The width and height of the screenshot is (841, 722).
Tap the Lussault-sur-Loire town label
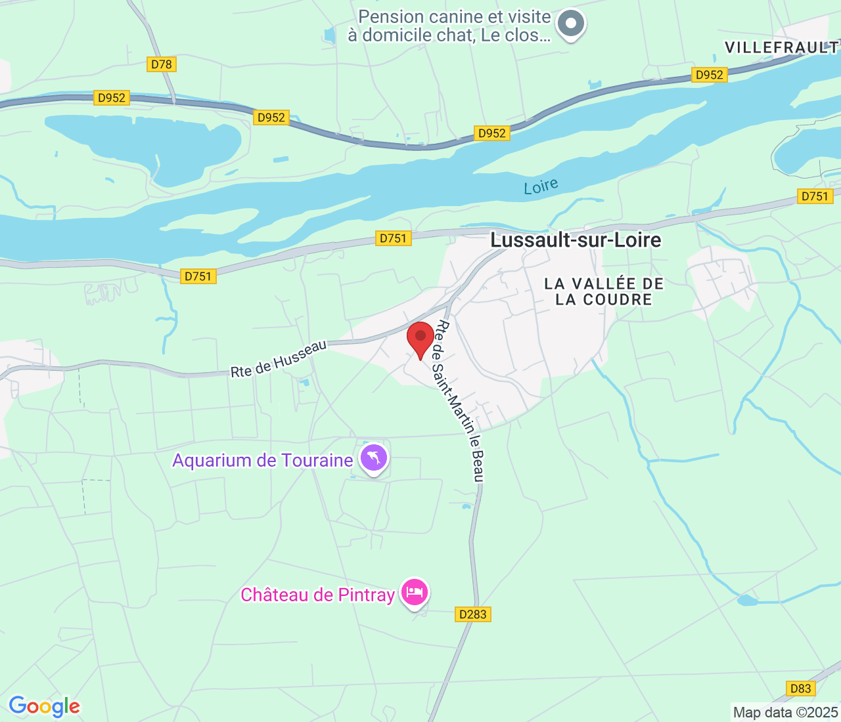576,240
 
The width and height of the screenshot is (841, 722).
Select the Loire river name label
541,187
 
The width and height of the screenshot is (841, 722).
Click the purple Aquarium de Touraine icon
374,457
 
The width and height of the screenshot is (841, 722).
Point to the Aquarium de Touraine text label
263,461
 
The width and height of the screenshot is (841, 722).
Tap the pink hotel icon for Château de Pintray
415,593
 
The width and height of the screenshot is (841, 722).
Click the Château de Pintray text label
317,595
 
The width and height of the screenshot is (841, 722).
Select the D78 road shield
161,64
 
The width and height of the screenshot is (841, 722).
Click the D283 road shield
473,614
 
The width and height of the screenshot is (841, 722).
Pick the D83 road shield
800,689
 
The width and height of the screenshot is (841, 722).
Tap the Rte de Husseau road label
279,359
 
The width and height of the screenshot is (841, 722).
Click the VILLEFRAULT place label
781,47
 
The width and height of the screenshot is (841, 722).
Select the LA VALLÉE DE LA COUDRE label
604,291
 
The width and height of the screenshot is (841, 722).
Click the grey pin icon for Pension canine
570,24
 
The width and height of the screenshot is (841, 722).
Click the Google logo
44,706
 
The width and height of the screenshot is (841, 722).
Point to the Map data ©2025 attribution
785,712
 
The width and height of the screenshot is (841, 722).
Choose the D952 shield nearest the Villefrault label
709,75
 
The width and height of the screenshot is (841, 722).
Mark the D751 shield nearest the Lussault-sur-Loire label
394,238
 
